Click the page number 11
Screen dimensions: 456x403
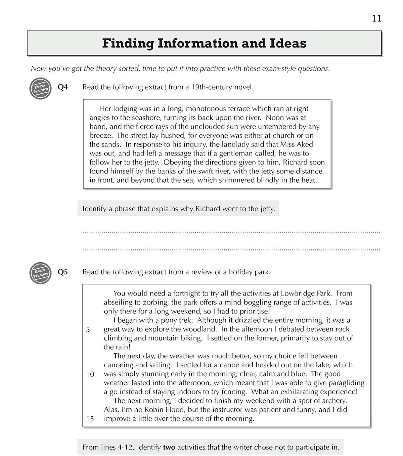coord(376,18)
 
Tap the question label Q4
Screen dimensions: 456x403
coord(62,87)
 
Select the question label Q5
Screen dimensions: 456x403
coord(62,272)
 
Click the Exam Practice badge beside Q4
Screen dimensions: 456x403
coord(40,89)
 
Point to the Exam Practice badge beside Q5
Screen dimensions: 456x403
coord(40,273)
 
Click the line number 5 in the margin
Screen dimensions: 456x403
coord(88,330)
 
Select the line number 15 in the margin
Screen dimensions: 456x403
coord(90,419)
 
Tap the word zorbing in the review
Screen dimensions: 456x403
coord(155,302)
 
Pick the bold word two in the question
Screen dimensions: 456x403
coord(169,448)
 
